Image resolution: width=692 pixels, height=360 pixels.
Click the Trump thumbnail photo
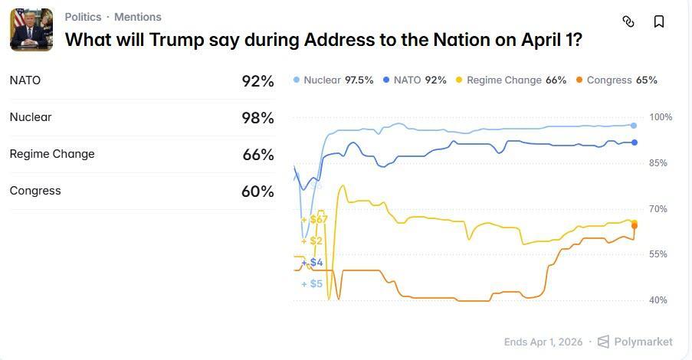point(31,30)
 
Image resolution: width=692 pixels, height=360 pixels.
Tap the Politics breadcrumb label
point(83,17)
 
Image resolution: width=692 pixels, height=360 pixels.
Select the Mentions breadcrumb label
point(138,17)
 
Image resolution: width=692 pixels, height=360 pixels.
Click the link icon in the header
point(628,21)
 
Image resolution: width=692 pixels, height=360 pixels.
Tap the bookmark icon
point(659,21)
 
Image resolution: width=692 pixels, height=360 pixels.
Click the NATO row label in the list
point(25,80)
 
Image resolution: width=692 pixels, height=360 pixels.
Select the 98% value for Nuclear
point(257,118)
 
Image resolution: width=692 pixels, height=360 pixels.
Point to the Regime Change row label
point(52,154)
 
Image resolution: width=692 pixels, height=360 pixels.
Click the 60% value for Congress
point(257,191)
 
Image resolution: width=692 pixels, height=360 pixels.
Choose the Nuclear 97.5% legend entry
point(333,80)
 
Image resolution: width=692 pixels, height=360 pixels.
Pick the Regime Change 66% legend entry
point(510,80)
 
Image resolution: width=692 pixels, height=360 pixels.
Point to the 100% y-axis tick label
point(661,117)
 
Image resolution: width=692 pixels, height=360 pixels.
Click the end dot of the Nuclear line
point(634,126)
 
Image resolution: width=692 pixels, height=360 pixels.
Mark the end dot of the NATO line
point(634,142)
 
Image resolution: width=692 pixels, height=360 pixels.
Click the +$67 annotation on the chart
point(315,220)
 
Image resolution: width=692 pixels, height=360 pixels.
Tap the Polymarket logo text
point(643,342)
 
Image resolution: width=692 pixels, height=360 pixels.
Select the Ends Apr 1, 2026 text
point(543,342)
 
